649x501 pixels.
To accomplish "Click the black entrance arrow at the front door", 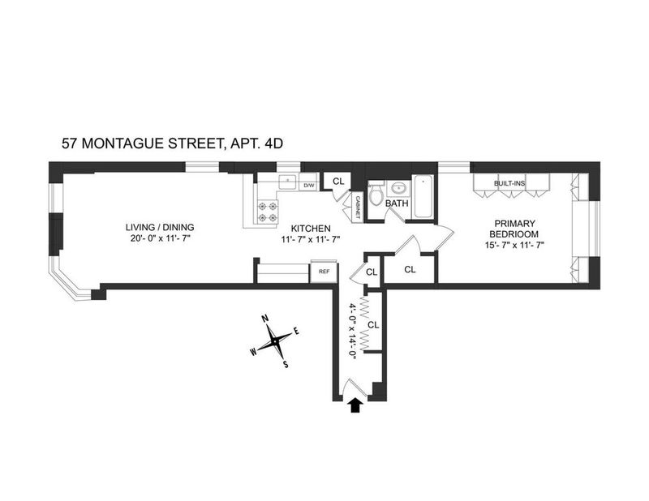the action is (355, 406).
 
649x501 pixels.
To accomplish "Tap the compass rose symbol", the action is (275, 341).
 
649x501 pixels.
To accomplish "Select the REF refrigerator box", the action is (324, 272).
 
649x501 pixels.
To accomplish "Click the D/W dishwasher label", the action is (309, 186).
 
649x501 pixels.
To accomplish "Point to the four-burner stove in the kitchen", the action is (268, 212).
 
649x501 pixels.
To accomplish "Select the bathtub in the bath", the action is (423, 196).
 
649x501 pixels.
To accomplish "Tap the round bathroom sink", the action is (398, 189).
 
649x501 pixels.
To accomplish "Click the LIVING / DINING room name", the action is (160, 227).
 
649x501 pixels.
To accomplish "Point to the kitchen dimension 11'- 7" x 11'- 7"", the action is (311, 238).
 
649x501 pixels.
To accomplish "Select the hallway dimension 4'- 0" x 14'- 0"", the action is (353, 332).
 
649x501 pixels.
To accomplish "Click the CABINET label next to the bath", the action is (358, 208).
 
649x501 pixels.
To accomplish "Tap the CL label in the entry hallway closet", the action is (373, 325).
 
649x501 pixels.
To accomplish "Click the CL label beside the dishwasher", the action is (338, 182).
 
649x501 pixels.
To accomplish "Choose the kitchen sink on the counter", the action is (288, 182).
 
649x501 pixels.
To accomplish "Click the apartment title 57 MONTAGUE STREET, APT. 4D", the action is (172, 143).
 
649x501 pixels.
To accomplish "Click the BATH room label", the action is (397, 203).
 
